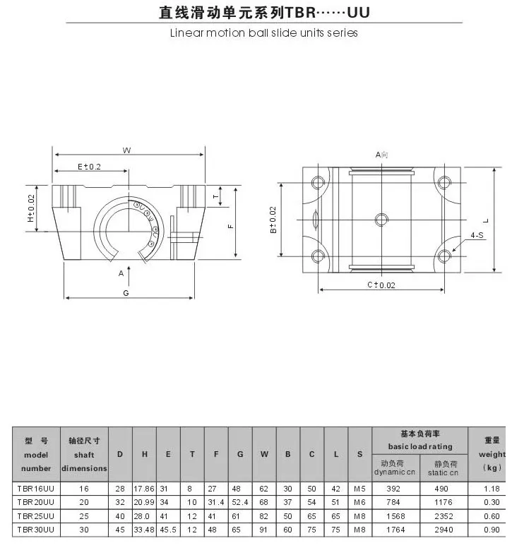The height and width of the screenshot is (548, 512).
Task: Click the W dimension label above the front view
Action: point(126,150)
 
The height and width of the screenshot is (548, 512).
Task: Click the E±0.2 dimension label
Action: point(89,167)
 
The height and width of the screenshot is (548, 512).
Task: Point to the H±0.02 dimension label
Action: point(31,208)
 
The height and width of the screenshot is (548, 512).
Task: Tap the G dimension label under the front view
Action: point(126,293)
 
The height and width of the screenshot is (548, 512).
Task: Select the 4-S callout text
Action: point(477,235)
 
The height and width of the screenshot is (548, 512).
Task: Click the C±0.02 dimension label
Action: point(381,285)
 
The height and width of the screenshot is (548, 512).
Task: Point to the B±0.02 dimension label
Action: point(273,220)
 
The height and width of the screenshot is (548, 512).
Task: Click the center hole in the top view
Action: point(381,220)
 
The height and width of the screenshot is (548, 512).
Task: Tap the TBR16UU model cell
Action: point(36,488)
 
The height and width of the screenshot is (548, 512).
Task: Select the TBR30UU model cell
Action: point(36,530)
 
